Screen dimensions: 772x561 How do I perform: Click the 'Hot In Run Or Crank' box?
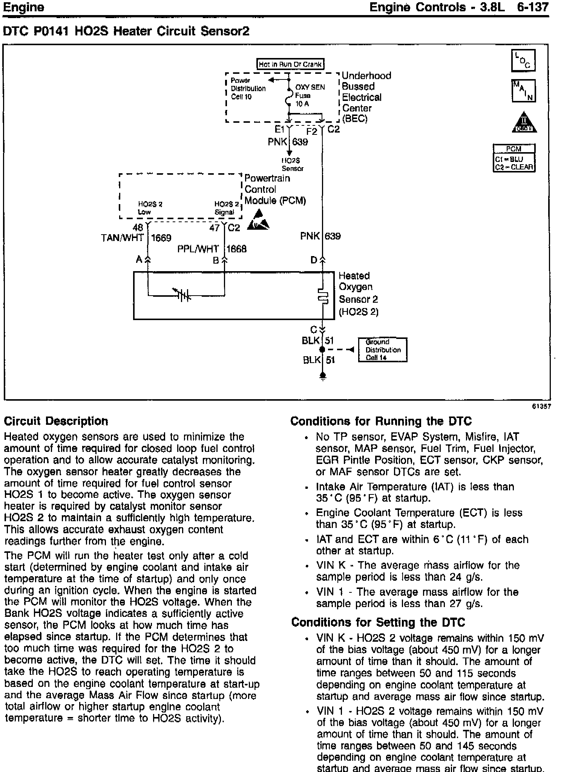[x=290, y=64]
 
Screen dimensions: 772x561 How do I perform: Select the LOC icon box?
[x=523, y=61]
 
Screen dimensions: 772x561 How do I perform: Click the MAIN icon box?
[x=523, y=91]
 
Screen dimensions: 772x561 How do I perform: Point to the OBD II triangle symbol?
[x=524, y=123]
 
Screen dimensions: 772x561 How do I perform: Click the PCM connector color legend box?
[x=514, y=158]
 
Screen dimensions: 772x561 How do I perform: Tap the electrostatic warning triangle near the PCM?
[x=258, y=221]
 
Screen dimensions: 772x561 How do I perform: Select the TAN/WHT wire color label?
[x=123, y=238]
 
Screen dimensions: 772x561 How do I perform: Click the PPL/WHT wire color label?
[x=198, y=249]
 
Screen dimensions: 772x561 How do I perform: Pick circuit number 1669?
[x=161, y=238]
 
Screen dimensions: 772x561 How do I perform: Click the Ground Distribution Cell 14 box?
[x=382, y=350]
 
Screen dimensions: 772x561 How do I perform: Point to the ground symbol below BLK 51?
[x=323, y=376]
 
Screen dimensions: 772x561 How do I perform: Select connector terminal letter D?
[x=314, y=260]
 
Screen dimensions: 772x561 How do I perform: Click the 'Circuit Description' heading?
[x=56, y=421]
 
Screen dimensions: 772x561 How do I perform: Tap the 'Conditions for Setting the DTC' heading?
[x=378, y=622]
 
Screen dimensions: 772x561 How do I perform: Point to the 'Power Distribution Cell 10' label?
[x=248, y=88]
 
